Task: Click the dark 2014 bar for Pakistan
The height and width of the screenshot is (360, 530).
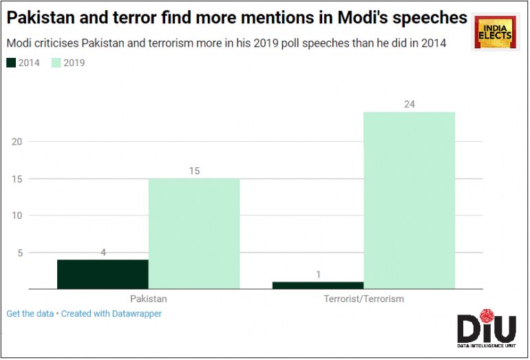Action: pyautogui.click(x=103, y=274)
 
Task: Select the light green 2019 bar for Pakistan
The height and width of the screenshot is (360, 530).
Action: pyautogui.click(x=194, y=233)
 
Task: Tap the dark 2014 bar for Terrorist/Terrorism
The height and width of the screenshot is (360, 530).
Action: pyautogui.click(x=318, y=285)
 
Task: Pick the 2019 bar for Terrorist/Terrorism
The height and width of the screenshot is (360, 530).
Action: pyautogui.click(x=409, y=200)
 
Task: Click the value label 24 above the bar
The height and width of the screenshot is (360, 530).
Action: pyautogui.click(x=410, y=104)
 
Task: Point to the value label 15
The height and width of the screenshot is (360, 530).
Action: pyautogui.click(x=194, y=170)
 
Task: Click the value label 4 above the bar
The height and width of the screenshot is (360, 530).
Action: pyautogui.click(x=103, y=252)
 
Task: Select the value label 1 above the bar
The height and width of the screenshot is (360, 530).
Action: pyautogui.click(x=318, y=274)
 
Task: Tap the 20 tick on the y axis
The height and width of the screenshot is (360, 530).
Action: pyautogui.click(x=17, y=142)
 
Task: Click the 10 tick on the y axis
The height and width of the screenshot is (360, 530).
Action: pyautogui.click(x=17, y=215)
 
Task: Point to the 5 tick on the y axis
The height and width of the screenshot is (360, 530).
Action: pyautogui.click(x=19, y=253)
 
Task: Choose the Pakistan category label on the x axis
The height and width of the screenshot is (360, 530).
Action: pyautogui.click(x=148, y=299)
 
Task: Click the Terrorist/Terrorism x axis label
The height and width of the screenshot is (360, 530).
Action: pyautogui.click(x=363, y=299)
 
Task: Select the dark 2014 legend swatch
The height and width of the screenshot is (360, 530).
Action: pyautogui.click(x=11, y=63)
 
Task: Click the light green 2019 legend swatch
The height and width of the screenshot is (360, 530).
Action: pyautogui.click(x=56, y=63)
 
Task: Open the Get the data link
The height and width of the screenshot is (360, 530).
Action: pyautogui.click(x=30, y=314)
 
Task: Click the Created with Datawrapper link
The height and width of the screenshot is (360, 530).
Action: pyautogui.click(x=112, y=314)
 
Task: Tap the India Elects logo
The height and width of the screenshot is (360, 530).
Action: pyautogui.click(x=494, y=32)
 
